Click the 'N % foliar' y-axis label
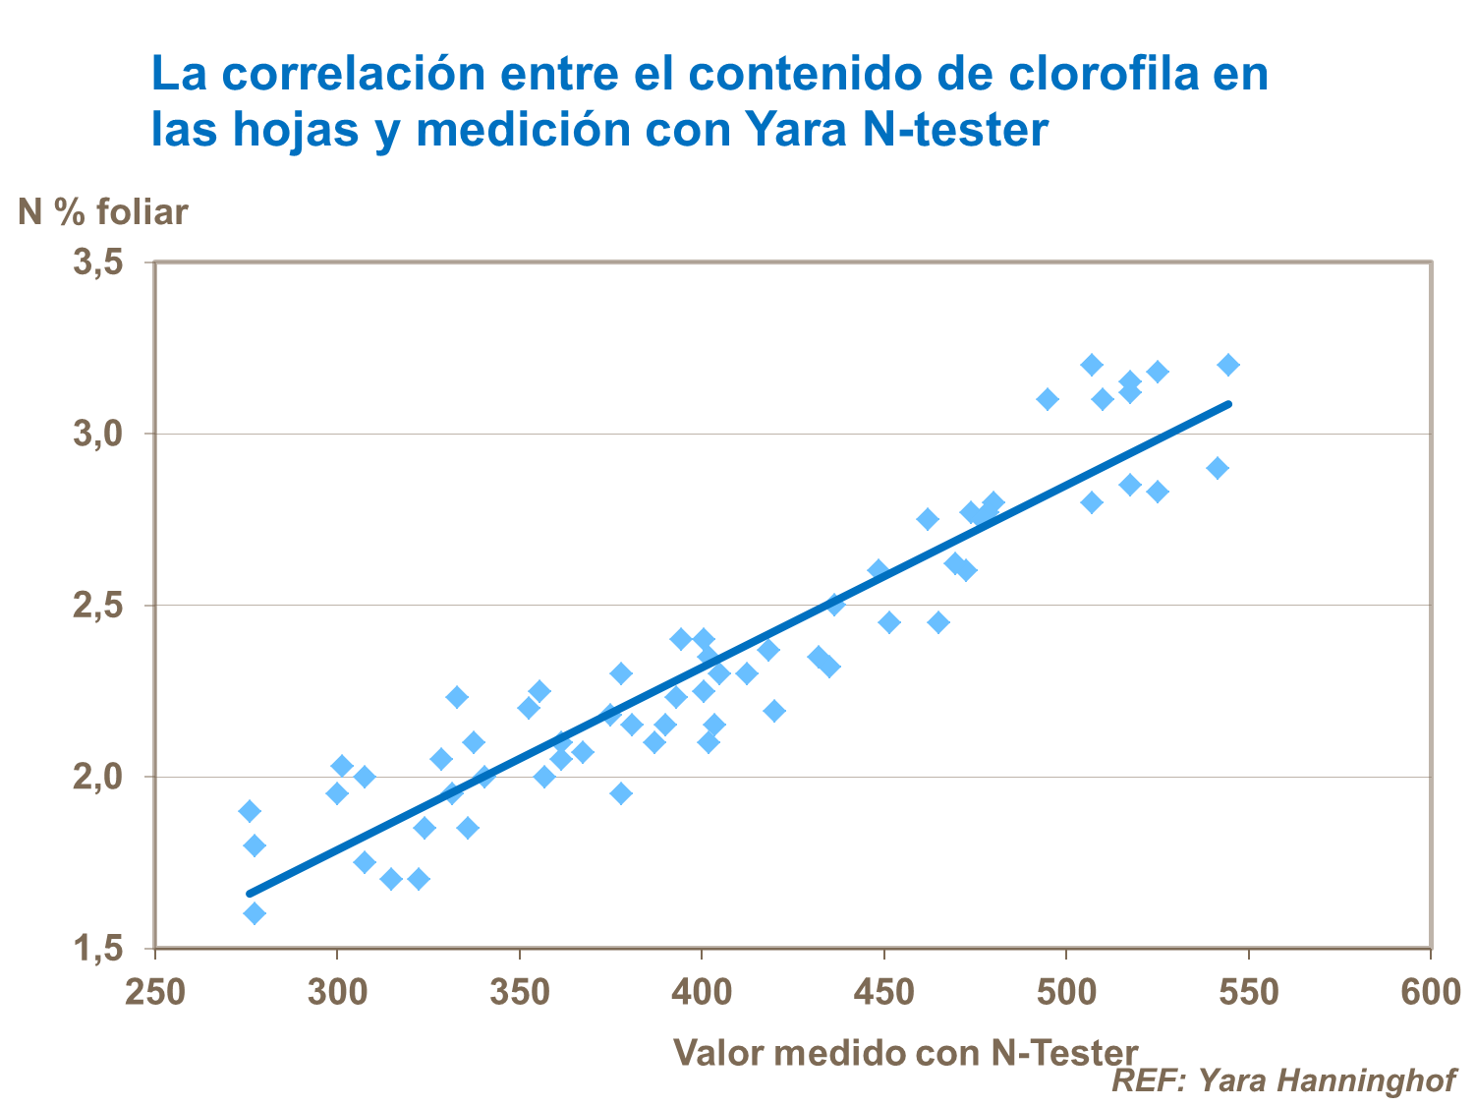103,212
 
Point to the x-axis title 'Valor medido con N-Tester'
905,1053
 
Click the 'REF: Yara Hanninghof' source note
1283,1080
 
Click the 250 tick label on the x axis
155,992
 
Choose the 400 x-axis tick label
702,992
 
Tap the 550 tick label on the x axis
1248,992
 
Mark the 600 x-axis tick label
1431,992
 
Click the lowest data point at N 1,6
255,913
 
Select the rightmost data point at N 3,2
1228,365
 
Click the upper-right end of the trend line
1228,403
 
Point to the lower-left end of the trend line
250,894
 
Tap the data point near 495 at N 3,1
1048,399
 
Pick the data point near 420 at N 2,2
774,711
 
